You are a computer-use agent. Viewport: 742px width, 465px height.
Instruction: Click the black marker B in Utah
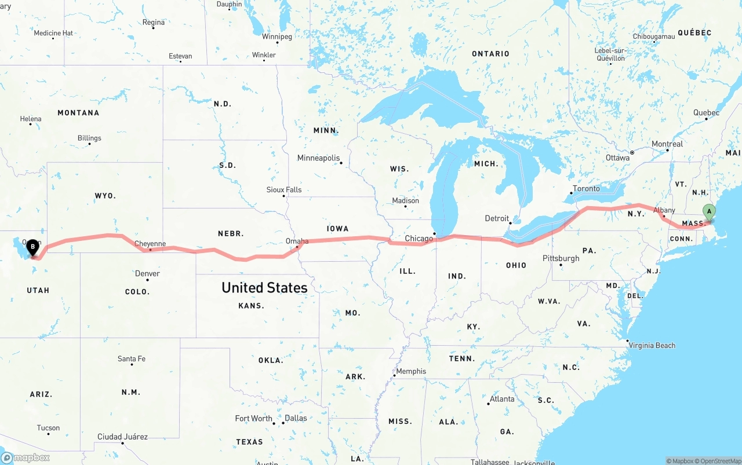[33, 248]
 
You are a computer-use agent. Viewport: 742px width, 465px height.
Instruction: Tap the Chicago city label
[419, 239]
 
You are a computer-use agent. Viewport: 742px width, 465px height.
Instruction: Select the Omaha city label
[297, 241]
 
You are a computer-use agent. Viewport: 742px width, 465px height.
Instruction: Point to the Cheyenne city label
[150, 244]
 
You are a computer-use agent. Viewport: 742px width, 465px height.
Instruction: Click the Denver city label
[147, 273]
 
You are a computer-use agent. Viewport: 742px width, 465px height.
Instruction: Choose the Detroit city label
[497, 218]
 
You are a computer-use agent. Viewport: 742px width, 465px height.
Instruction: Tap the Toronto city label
[586, 189]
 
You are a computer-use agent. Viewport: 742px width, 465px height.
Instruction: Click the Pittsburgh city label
[561, 258]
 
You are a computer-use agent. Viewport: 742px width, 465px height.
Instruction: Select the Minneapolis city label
[318, 158]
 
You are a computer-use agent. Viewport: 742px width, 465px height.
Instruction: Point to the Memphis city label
[411, 371]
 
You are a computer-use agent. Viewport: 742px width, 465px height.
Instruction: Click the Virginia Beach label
[652, 346]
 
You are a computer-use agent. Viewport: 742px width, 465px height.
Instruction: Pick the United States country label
[264, 288]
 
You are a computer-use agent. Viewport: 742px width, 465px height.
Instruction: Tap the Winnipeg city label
[277, 36]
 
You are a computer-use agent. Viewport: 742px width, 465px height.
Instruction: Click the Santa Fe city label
[132, 359]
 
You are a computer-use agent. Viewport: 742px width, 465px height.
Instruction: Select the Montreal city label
[667, 144]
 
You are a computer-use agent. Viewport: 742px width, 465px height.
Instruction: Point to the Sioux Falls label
[284, 190]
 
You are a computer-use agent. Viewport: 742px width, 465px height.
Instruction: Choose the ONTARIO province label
[490, 54]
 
